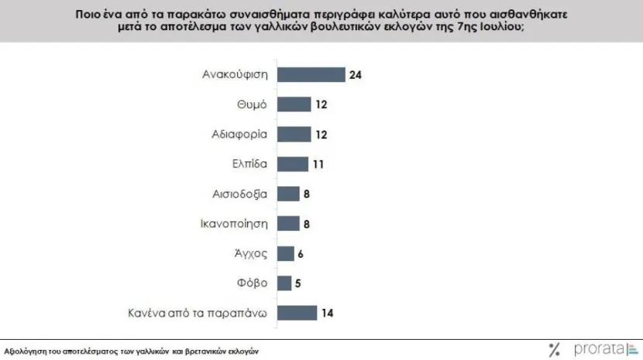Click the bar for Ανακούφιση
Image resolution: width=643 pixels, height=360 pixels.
[x=311, y=74]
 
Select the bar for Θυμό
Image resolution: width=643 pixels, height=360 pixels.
[x=294, y=104]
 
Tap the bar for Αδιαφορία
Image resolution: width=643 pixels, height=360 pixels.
[x=294, y=134]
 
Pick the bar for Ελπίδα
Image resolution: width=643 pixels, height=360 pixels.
[x=293, y=163]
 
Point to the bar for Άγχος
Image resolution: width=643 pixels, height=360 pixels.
[x=286, y=253]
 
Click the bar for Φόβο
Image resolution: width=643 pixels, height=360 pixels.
[x=284, y=283]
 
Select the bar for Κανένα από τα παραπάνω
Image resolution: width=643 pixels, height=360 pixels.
[x=297, y=313]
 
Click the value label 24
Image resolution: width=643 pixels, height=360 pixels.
[x=356, y=75]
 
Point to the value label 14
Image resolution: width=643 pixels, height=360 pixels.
[x=328, y=313]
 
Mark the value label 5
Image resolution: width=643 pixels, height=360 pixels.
[x=297, y=283]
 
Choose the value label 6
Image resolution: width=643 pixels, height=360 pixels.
[x=301, y=253]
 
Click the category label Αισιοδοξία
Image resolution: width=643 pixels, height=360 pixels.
[x=240, y=194]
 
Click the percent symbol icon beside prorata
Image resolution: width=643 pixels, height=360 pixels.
[x=554, y=349]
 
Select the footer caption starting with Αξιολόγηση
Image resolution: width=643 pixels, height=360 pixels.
[x=131, y=351]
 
